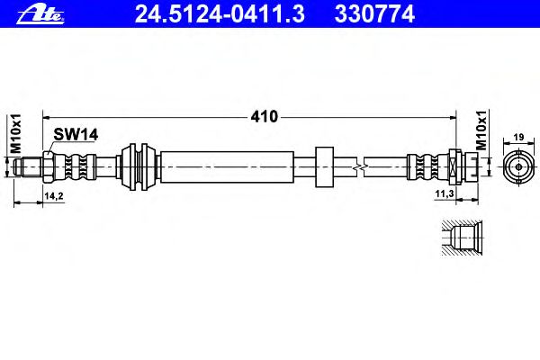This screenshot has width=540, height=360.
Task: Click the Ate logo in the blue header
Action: pos(40,13)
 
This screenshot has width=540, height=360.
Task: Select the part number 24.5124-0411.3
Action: pos(220,14)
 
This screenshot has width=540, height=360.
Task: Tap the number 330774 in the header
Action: pos(374,14)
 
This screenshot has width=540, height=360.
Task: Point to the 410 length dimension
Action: pos(264,117)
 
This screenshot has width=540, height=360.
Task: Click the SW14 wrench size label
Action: pos(76,134)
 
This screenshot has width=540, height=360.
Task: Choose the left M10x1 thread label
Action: pos(16,134)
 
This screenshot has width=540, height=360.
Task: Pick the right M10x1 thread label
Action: pos(481,130)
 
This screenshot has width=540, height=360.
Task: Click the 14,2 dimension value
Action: pos(54,196)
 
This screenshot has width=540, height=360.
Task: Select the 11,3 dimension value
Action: pos(445,194)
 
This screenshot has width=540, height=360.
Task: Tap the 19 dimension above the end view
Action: pos(518,137)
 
